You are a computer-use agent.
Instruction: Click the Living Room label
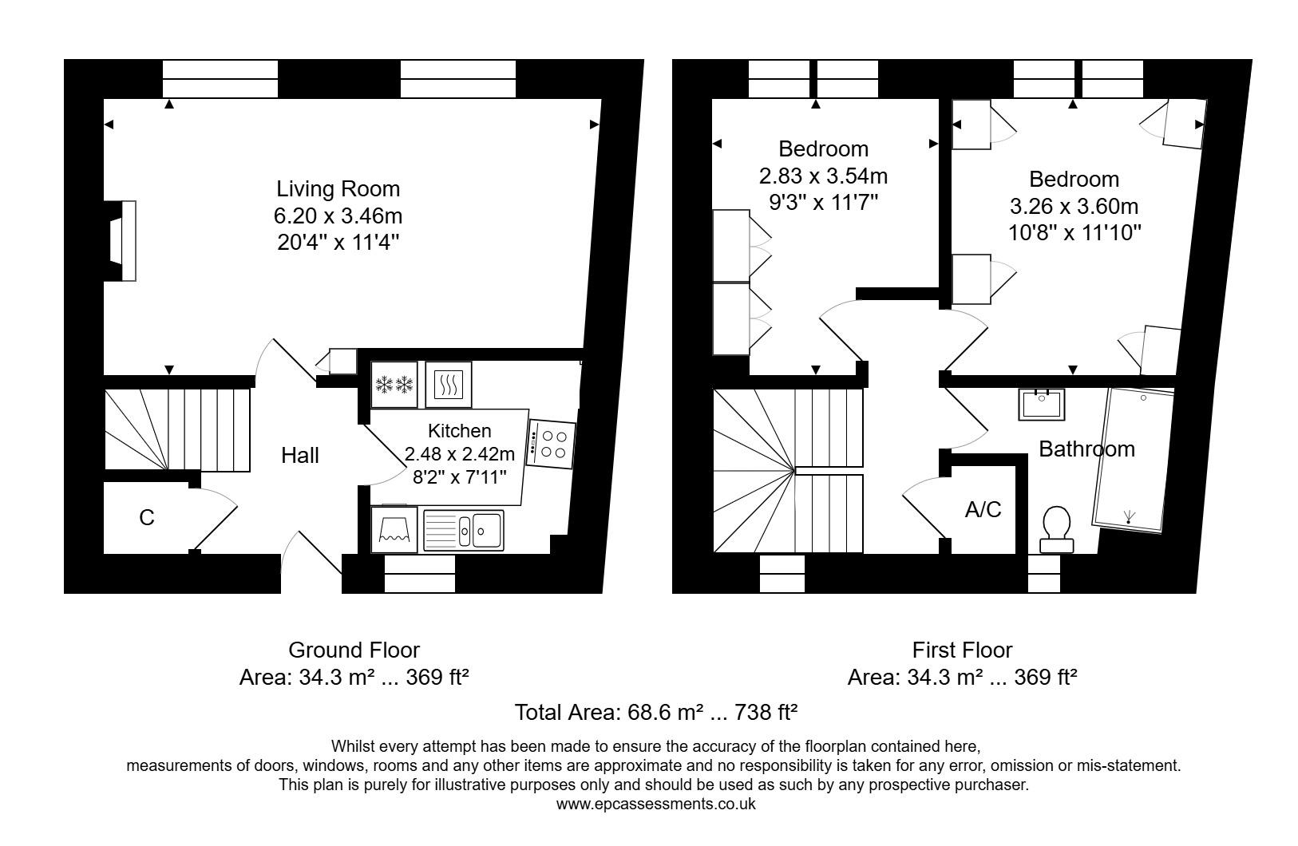coord(338,189)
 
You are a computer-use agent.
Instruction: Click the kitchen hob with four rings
coord(551,445)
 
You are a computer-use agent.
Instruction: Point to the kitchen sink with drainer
coord(464,530)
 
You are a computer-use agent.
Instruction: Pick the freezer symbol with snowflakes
coord(394,385)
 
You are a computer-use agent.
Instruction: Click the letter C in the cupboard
coord(146,518)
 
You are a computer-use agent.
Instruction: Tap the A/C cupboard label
coord(983,509)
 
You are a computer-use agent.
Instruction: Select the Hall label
coord(300,456)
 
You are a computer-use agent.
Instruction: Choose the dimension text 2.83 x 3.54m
coord(823,176)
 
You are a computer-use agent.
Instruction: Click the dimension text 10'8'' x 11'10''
coord(1074,233)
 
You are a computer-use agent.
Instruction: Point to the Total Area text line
coord(656,712)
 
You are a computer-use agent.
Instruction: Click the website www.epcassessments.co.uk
coord(655,804)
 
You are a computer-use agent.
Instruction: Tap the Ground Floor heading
coord(354,650)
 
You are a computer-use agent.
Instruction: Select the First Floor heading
coord(962,650)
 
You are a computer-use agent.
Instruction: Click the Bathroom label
coord(1086,449)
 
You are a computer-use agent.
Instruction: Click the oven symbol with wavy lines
coord(449,385)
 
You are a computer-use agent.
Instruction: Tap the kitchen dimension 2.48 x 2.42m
coord(460,455)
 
